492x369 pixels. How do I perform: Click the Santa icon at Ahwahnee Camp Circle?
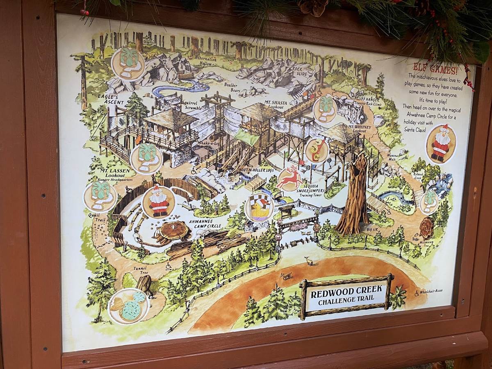159,202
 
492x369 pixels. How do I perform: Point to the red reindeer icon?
290,179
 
